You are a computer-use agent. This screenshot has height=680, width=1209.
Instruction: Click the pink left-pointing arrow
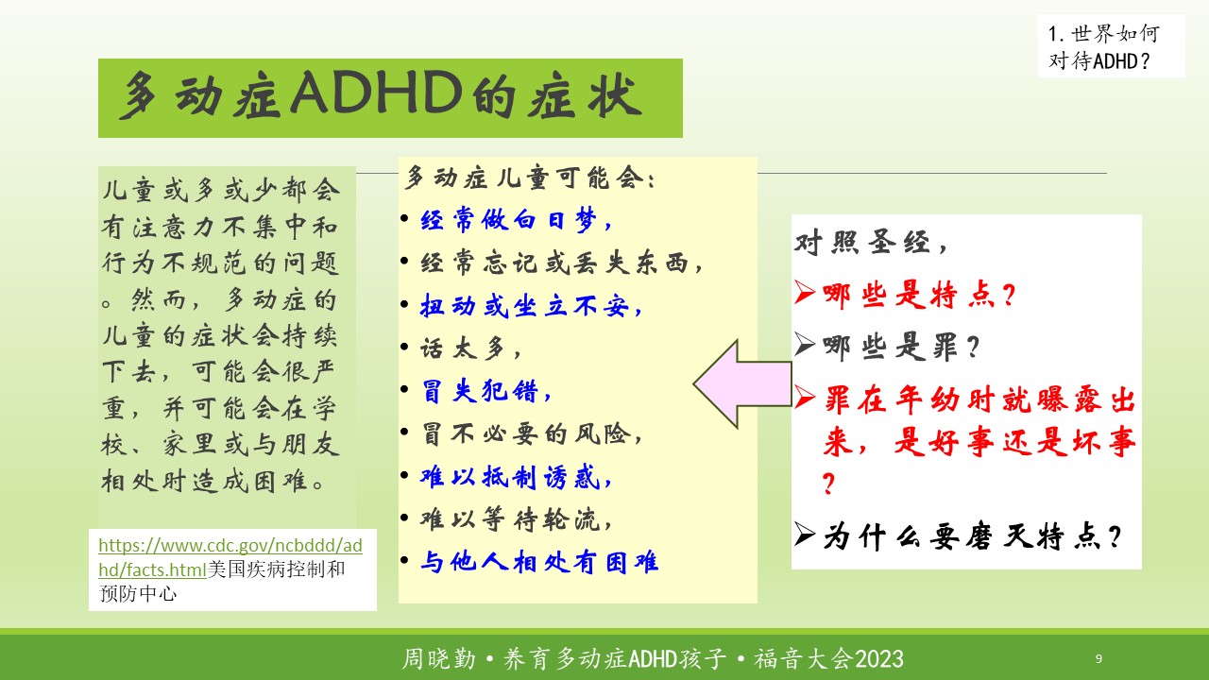point(742,383)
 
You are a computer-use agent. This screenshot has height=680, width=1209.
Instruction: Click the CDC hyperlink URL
point(230,557)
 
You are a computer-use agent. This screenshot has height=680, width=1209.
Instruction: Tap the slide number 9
point(1098,658)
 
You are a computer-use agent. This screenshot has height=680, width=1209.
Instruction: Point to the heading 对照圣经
point(871,243)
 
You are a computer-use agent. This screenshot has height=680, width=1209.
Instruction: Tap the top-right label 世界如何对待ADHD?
point(1104,46)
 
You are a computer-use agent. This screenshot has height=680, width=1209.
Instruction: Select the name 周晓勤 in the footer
point(439,659)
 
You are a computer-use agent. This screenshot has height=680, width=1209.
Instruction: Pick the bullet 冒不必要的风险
point(532,433)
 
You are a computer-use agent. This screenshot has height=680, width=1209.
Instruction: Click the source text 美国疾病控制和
point(277,569)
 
